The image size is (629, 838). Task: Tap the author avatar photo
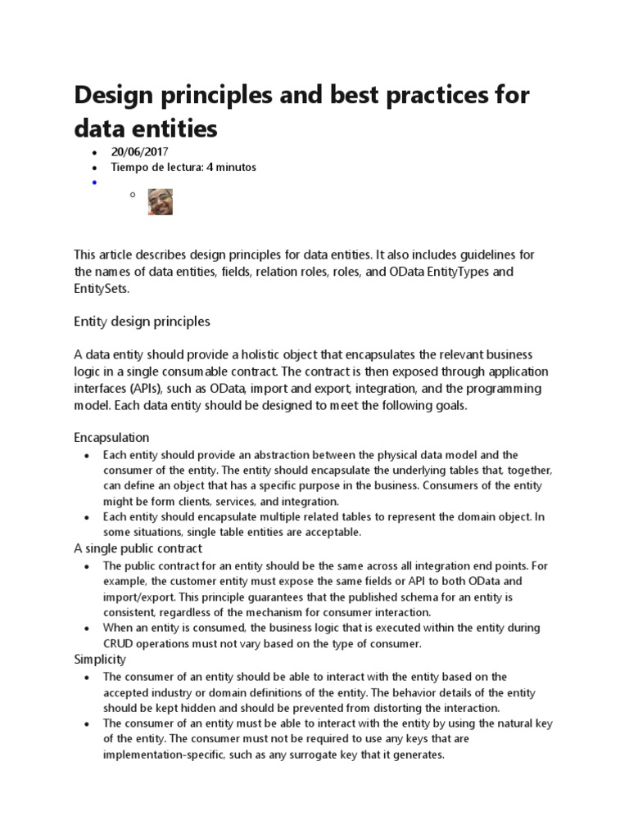[x=160, y=201]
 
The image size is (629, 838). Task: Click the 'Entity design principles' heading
[x=142, y=322]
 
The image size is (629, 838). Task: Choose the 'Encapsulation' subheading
[x=111, y=438]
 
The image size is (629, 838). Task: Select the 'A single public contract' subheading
[x=138, y=548]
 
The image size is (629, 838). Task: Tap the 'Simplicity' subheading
[x=100, y=659]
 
